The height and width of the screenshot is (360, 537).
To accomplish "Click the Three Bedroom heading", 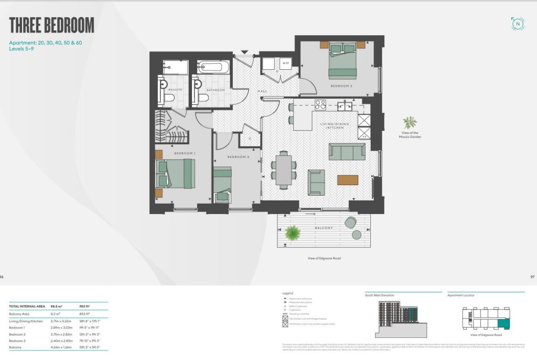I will (52, 25).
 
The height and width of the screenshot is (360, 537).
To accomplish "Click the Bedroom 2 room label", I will (341, 85).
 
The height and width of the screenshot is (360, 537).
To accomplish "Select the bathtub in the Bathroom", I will (213, 67).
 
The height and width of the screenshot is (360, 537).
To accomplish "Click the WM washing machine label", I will (286, 63).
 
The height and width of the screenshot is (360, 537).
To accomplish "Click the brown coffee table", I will (348, 180).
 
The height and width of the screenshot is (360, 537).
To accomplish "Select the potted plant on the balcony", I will (292, 231).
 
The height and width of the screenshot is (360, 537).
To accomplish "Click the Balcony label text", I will (324, 228).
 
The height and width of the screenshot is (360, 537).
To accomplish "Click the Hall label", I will (263, 91).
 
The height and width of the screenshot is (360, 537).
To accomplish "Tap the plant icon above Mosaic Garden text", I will (410, 123).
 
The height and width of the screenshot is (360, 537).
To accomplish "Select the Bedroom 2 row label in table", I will (17, 333).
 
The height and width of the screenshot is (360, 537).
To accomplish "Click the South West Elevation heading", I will (380, 295).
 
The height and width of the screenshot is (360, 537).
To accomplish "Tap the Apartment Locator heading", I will (460, 295).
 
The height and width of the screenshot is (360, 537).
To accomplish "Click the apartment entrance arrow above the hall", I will (244, 52).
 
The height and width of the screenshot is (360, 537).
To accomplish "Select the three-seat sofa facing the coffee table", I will (347, 152).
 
